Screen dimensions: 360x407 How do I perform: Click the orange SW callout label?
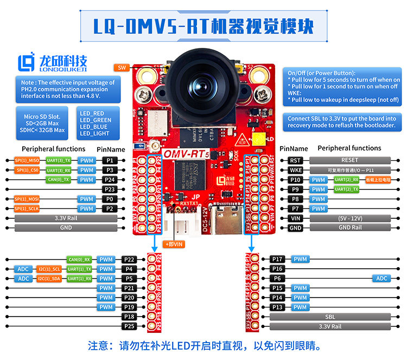coord(122,67)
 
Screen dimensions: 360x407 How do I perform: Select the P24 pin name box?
coord(110,179)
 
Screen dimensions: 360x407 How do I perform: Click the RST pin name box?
coord(295,160)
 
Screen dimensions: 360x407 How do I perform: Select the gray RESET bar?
coord(349,160)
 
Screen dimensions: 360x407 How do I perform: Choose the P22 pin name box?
coord(129,260)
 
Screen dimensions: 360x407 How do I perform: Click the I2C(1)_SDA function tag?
coord(49,279)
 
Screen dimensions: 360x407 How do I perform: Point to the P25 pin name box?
coord(129,326)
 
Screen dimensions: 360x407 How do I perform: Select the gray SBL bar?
coord(330,317)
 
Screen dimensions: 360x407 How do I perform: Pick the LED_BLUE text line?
coord(96,127)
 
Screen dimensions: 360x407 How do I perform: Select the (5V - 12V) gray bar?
coord(349,218)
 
